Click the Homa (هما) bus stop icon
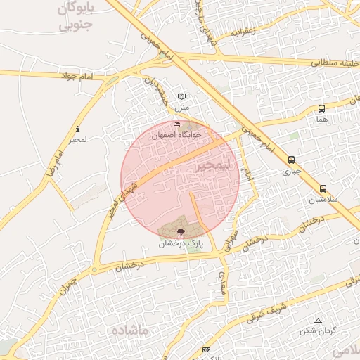coord(321,108)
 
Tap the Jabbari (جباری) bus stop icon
coord(291,160)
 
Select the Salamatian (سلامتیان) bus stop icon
coord(323,188)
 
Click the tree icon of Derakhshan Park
coord(181,231)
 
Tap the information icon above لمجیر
coord(77,129)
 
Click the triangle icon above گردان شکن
coord(318,320)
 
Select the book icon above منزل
coord(183,96)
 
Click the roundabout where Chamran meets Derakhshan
coord(94,269)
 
